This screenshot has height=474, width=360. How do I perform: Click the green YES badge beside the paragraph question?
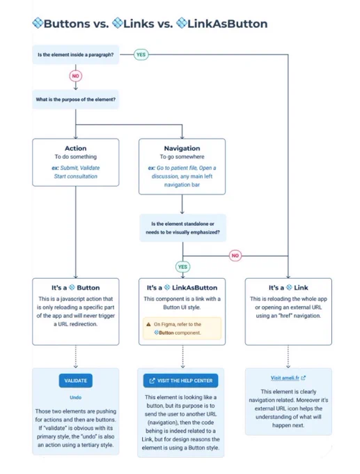pyautogui.click(x=141, y=54)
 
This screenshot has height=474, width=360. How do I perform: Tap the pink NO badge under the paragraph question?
pyautogui.click(x=75, y=76)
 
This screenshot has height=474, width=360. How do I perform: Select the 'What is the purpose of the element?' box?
pyautogui.click(x=75, y=99)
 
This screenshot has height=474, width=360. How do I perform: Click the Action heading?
pyautogui.click(x=75, y=148)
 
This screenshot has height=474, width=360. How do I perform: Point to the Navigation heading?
pyautogui.click(x=182, y=148)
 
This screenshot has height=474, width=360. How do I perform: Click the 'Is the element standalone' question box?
pyautogui.click(x=182, y=228)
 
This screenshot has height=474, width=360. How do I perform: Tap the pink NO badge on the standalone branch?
pyautogui.click(x=235, y=255)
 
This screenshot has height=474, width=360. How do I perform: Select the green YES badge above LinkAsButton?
pyautogui.click(x=182, y=266)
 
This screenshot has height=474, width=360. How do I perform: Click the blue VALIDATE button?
pyautogui.click(x=75, y=381)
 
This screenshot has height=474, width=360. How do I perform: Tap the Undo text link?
pyautogui.click(x=75, y=397)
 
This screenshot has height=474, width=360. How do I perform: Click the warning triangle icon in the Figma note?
pyautogui.click(x=148, y=324)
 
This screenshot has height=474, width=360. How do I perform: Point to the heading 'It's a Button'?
pyautogui.click(x=75, y=287)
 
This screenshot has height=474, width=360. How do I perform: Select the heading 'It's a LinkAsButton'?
pyautogui.click(x=182, y=287)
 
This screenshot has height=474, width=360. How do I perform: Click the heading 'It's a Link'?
pyautogui.click(x=288, y=287)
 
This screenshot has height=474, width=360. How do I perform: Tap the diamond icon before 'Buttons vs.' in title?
pyautogui.click(x=38, y=23)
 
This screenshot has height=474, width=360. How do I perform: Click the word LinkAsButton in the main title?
pyautogui.click(x=228, y=24)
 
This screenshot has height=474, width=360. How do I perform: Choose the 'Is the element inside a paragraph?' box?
pyautogui.click(x=75, y=54)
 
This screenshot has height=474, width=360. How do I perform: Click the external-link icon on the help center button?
pyautogui.click(x=152, y=381)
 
